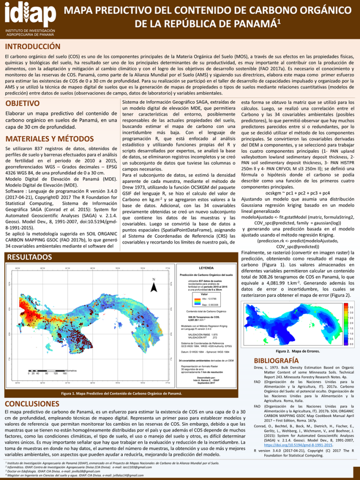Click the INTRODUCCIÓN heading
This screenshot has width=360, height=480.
pyautogui.click(x=33, y=47)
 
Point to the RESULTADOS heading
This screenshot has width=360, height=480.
pyautogui.click(x=29, y=257)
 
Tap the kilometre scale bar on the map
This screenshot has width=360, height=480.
pyautogui.click(x=47, y=370)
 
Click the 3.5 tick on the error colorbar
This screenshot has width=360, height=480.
pyautogui.click(x=351, y=307)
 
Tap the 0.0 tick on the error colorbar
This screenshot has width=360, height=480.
pyautogui.click(x=351, y=344)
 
